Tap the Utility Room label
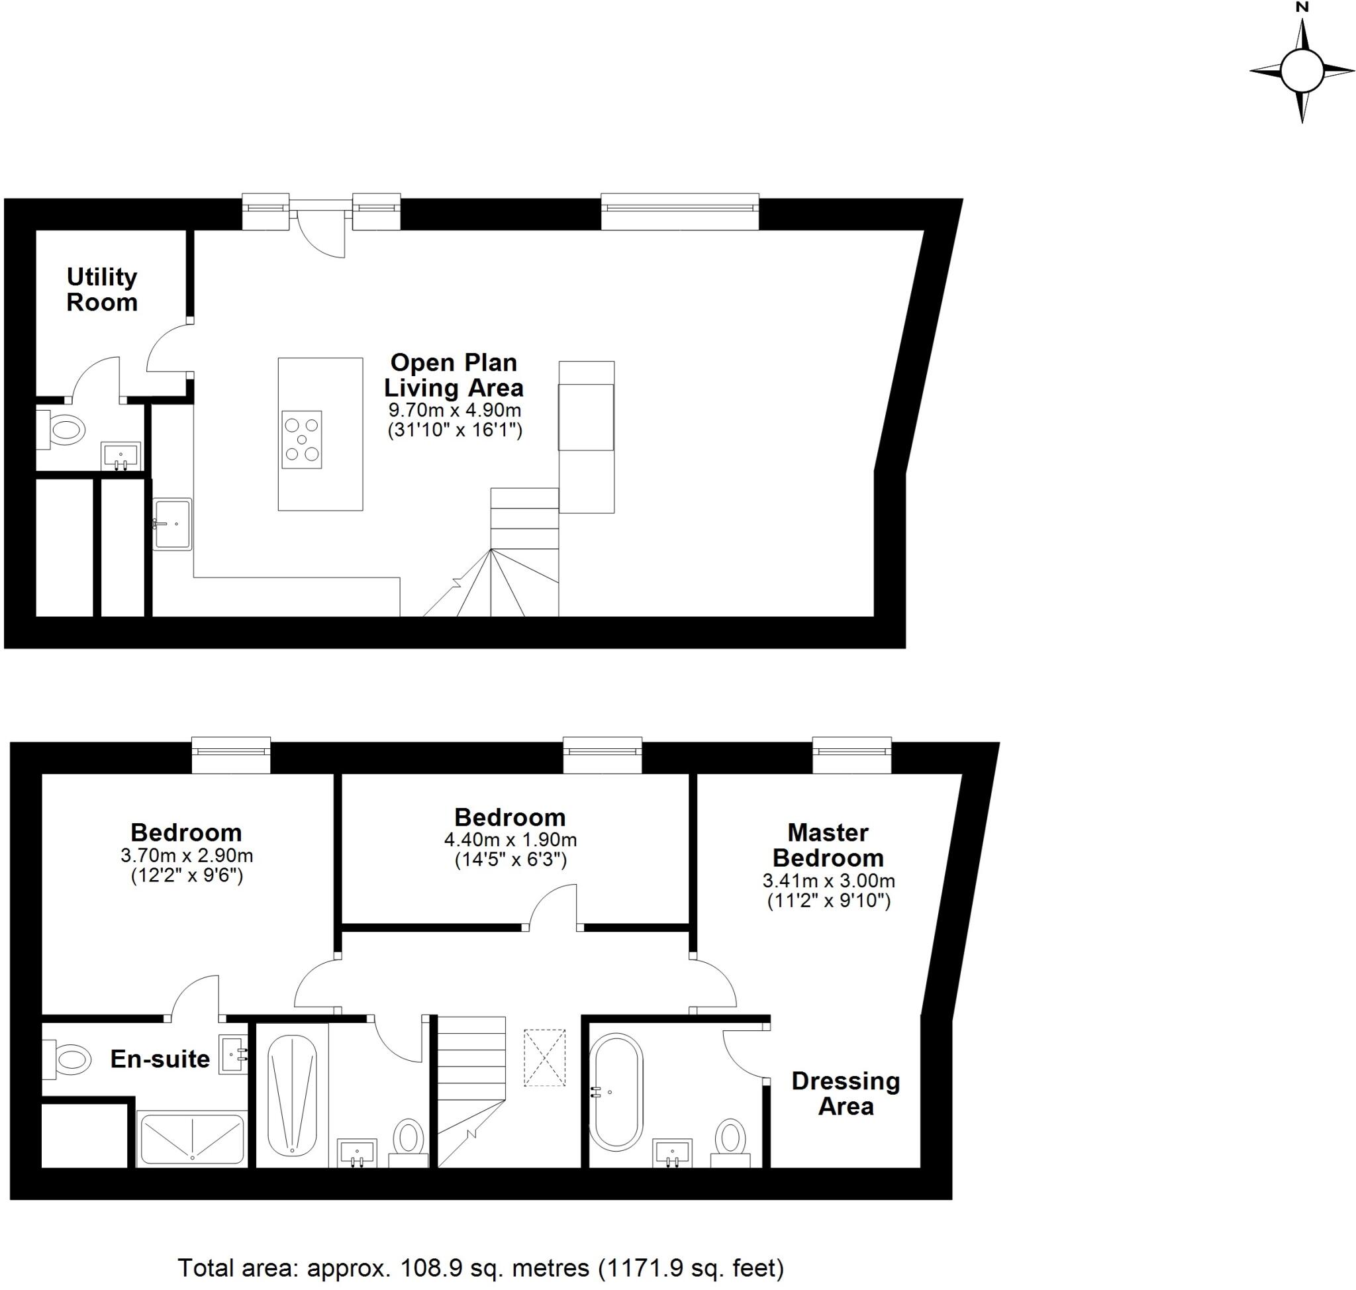pos(102,289)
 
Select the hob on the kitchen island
pos(302,440)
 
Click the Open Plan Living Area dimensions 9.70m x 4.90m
pos(454,411)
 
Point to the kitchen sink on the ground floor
pos(172,524)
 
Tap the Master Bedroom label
pos(828,845)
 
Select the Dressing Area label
pos(845,1093)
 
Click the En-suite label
pos(160,1059)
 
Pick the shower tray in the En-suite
pos(192,1140)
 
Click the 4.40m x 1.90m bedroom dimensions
pos(510,840)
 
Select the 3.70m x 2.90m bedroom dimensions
pos(186,856)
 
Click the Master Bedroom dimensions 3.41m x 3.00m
pos(828,881)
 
